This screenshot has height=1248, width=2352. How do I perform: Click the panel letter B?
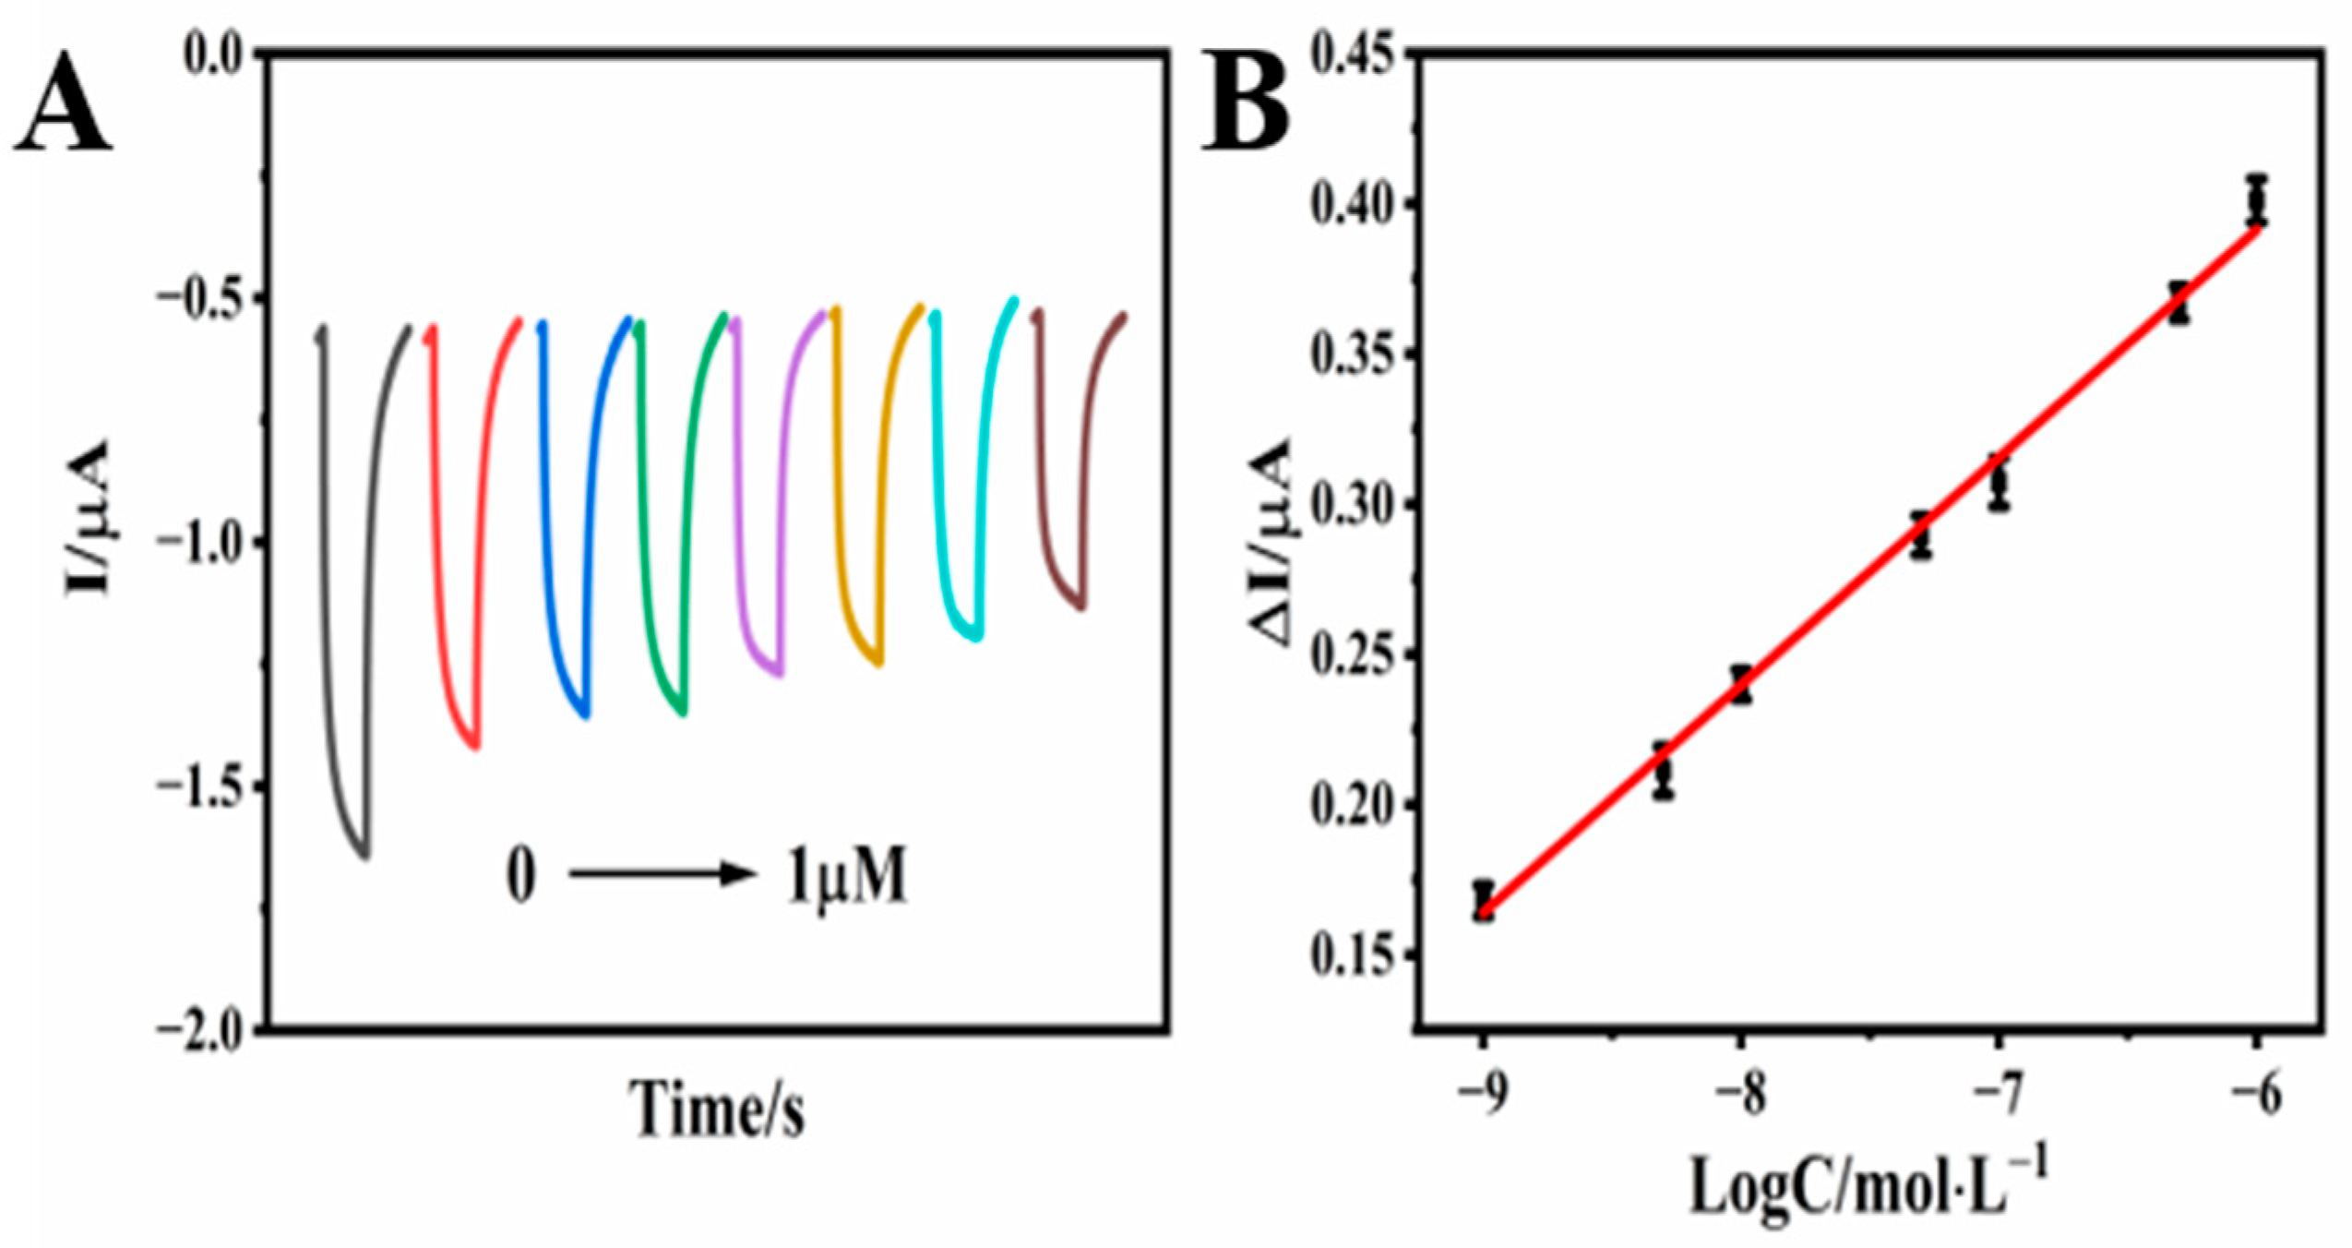(x=1245, y=103)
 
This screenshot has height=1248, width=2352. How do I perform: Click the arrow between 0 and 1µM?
(x=661, y=873)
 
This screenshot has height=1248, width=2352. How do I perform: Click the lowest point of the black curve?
(x=364, y=855)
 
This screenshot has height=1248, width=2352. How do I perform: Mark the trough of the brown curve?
(x=1080, y=606)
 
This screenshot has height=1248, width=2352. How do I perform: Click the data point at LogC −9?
(x=1483, y=900)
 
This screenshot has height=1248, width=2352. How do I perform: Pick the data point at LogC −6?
(x=2256, y=199)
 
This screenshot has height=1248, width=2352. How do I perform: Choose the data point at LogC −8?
(x=1740, y=684)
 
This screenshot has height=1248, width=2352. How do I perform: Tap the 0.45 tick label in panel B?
(x=1354, y=55)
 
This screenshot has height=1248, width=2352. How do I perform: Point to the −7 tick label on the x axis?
(x=1998, y=1097)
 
